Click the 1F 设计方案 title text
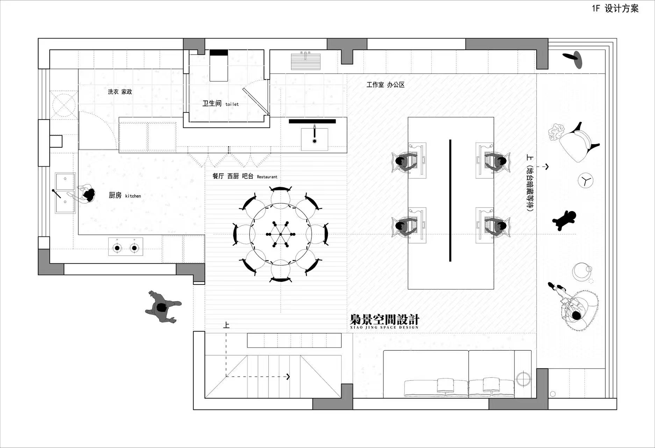point(615,8)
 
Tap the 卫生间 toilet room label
point(221,103)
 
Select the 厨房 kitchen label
point(125,195)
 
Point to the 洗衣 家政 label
point(120,92)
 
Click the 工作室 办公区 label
point(386,85)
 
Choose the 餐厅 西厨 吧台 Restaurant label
point(245,176)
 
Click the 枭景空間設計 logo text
point(384,321)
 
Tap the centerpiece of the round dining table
point(280,234)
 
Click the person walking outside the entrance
point(163,307)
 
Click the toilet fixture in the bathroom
point(219,65)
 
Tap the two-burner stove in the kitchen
point(125,247)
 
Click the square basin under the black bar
point(315,139)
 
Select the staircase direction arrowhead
point(288,377)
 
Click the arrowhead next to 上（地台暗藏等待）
point(546,167)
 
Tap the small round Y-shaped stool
point(585,181)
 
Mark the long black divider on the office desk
point(450,201)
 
